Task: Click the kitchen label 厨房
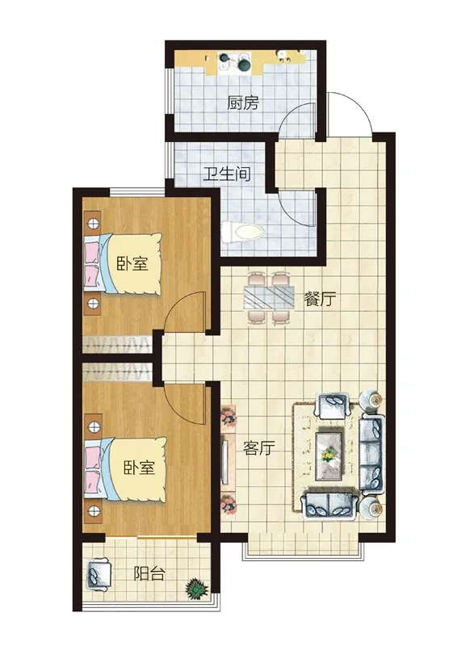click(243, 103)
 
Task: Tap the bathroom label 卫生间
click(227, 174)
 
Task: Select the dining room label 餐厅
click(320, 299)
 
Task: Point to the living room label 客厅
click(259, 448)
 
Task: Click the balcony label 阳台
click(149, 573)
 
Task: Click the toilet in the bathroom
click(242, 233)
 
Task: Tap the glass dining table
click(269, 296)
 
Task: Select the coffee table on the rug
click(329, 456)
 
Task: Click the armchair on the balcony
click(99, 575)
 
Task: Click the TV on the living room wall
click(224, 461)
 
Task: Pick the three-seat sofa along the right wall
click(372, 454)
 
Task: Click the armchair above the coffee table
click(333, 406)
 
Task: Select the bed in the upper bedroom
click(123, 264)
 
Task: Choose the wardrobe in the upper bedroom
click(118, 345)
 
